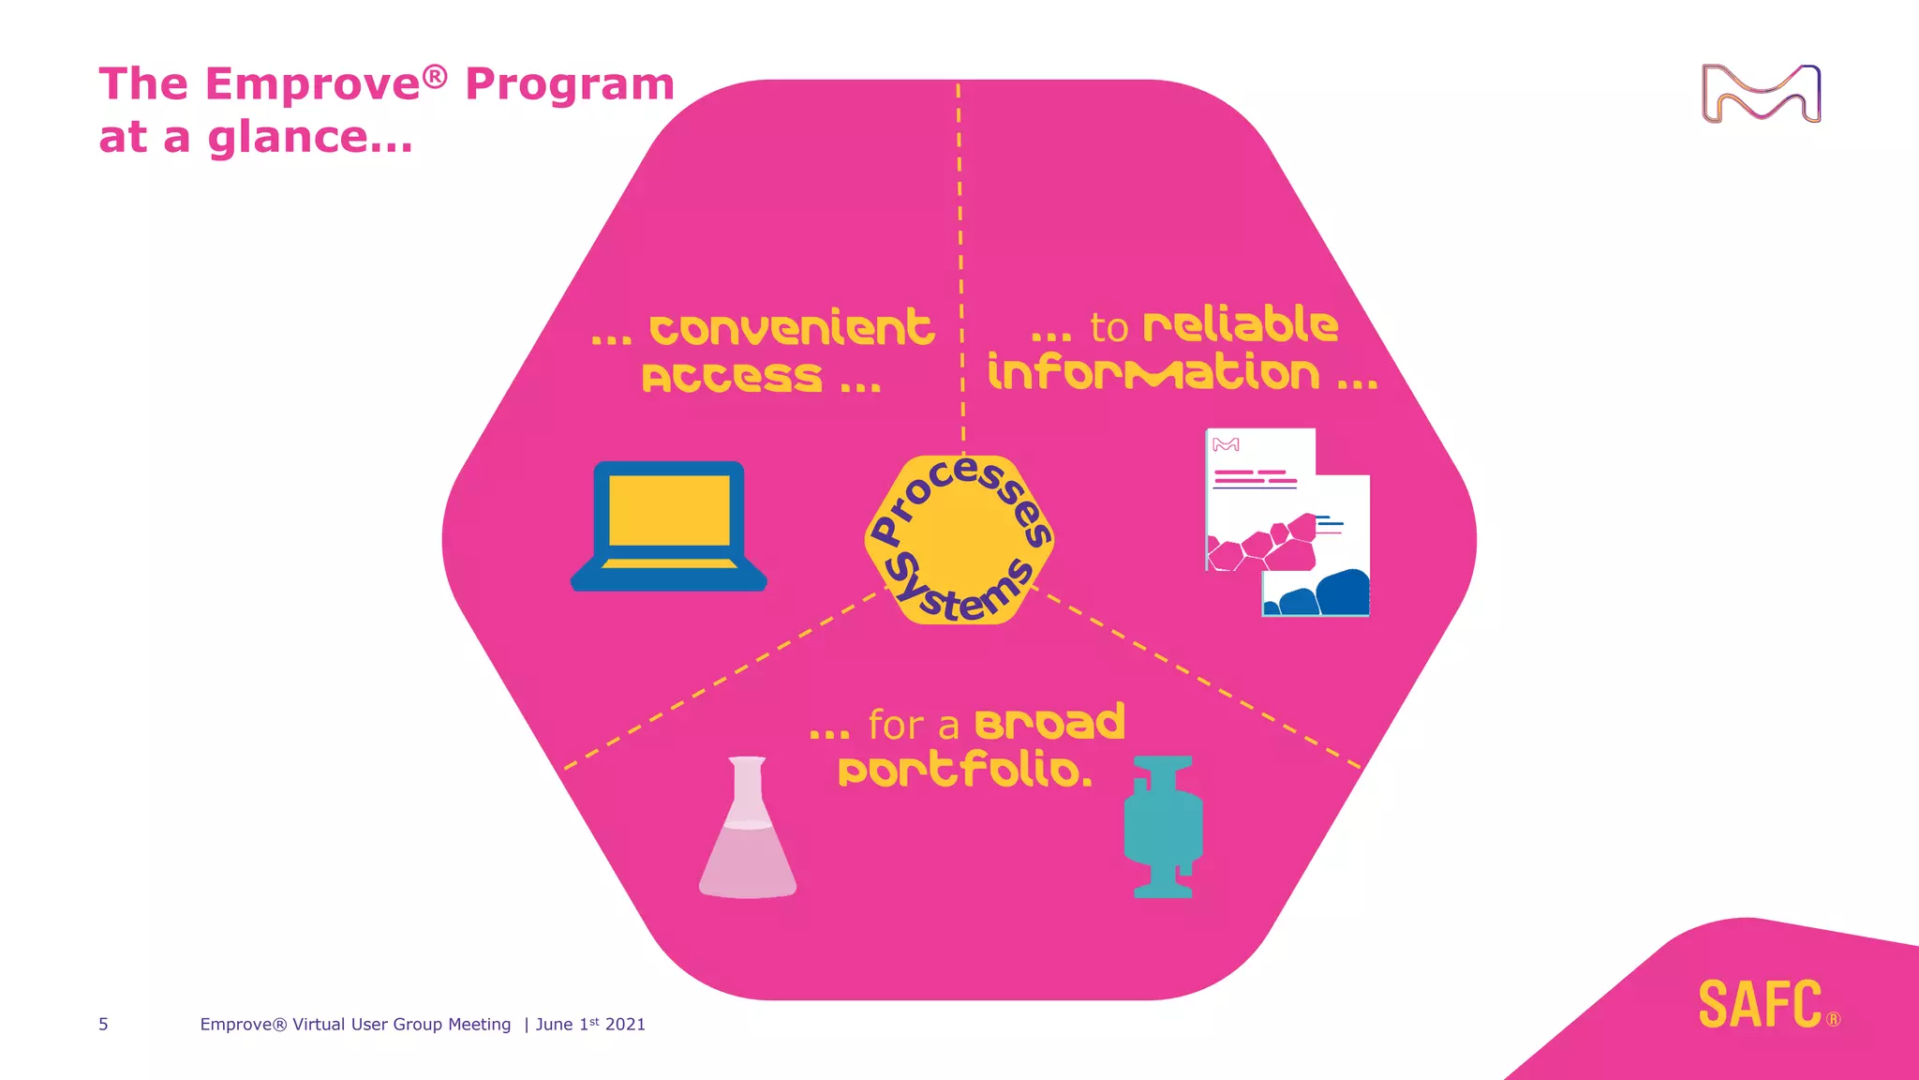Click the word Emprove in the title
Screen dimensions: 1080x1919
click(x=313, y=84)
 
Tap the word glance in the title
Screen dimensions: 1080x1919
click(x=287, y=138)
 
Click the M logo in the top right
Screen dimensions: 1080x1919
click(x=1761, y=94)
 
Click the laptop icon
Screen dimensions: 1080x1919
click(x=669, y=527)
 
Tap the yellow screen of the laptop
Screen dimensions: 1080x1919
click(x=669, y=510)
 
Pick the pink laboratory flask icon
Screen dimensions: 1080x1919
click(x=748, y=829)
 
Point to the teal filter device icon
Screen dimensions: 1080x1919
click(x=1163, y=827)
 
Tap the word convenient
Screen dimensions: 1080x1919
click(x=792, y=328)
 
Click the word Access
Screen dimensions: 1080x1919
click(x=732, y=378)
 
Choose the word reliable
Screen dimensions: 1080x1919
click(x=1241, y=324)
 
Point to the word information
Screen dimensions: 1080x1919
click(x=1153, y=372)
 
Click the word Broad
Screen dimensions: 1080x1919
click(x=1049, y=723)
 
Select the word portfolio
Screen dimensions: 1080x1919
click(x=964, y=771)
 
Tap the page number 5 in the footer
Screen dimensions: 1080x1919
click(x=103, y=1025)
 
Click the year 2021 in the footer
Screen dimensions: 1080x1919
click(x=625, y=1025)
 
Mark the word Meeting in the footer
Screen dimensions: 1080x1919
click(x=479, y=1025)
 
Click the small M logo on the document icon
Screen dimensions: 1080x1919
click(x=1226, y=444)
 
